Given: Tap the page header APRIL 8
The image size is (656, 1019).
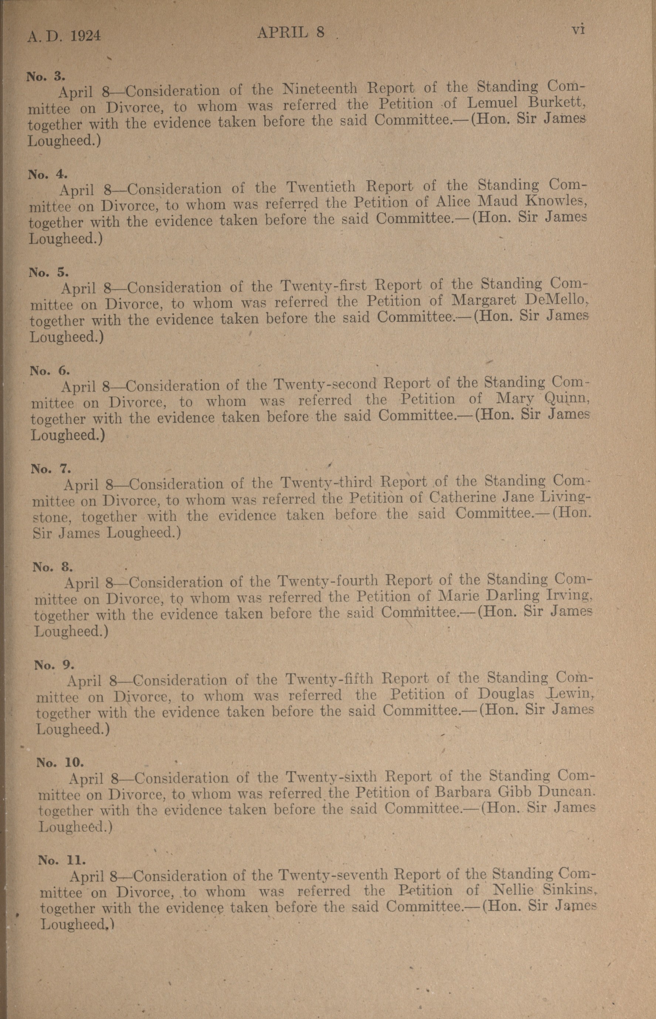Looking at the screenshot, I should coord(291,33).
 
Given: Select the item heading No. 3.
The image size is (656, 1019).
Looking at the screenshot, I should coord(45,76).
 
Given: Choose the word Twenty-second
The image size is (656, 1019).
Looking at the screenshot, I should coord(325,385).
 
